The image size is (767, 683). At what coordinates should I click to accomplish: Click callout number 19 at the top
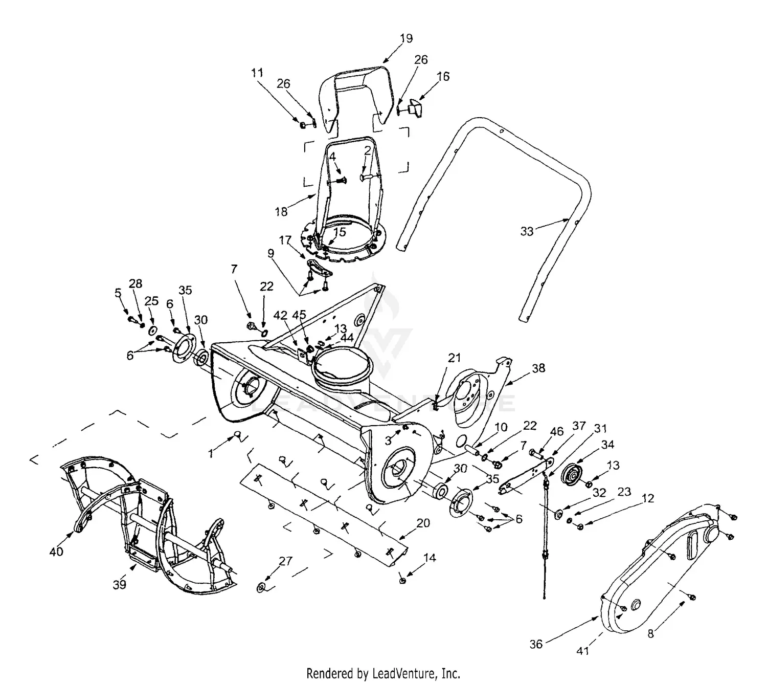[406, 38]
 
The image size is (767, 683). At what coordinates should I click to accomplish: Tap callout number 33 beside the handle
[527, 232]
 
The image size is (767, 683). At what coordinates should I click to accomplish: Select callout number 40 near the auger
[56, 552]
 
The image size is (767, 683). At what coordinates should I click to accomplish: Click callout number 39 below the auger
[119, 584]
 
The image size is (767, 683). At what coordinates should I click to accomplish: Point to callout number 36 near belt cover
[536, 644]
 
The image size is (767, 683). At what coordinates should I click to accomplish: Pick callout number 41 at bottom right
[583, 651]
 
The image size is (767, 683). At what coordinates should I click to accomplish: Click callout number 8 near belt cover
[650, 634]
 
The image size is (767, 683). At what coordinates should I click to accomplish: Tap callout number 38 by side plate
[538, 368]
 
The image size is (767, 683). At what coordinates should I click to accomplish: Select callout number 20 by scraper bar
[423, 523]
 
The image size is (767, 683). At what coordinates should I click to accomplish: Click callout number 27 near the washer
[285, 561]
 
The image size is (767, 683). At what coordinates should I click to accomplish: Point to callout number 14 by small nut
[430, 558]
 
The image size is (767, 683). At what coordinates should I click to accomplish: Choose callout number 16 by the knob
[443, 76]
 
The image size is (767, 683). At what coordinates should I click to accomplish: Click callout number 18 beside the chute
[281, 211]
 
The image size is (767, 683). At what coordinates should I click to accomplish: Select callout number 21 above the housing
[454, 358]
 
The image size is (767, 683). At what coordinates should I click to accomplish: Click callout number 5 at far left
[118, 293]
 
